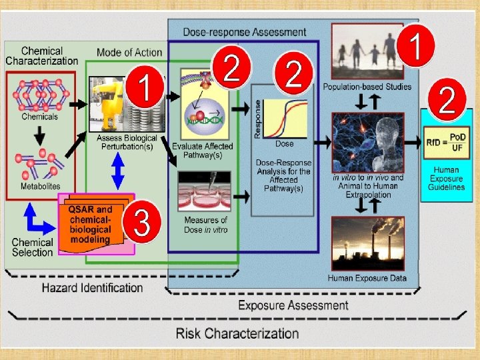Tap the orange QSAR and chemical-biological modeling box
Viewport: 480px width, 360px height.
click(91, 225)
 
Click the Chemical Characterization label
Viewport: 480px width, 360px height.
click(42, 55)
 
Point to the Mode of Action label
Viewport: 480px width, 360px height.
click(129, 53)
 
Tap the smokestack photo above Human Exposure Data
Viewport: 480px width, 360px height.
click(367, 244)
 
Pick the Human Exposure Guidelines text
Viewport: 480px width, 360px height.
click(446, 179)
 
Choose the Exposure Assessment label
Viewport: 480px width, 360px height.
click(293, 305)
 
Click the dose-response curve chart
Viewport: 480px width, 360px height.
click(283, 118)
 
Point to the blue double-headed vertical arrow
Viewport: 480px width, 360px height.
click(118, 171)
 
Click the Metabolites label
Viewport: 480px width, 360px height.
click(40, 187)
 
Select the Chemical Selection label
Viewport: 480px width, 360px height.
click(32, 247)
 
